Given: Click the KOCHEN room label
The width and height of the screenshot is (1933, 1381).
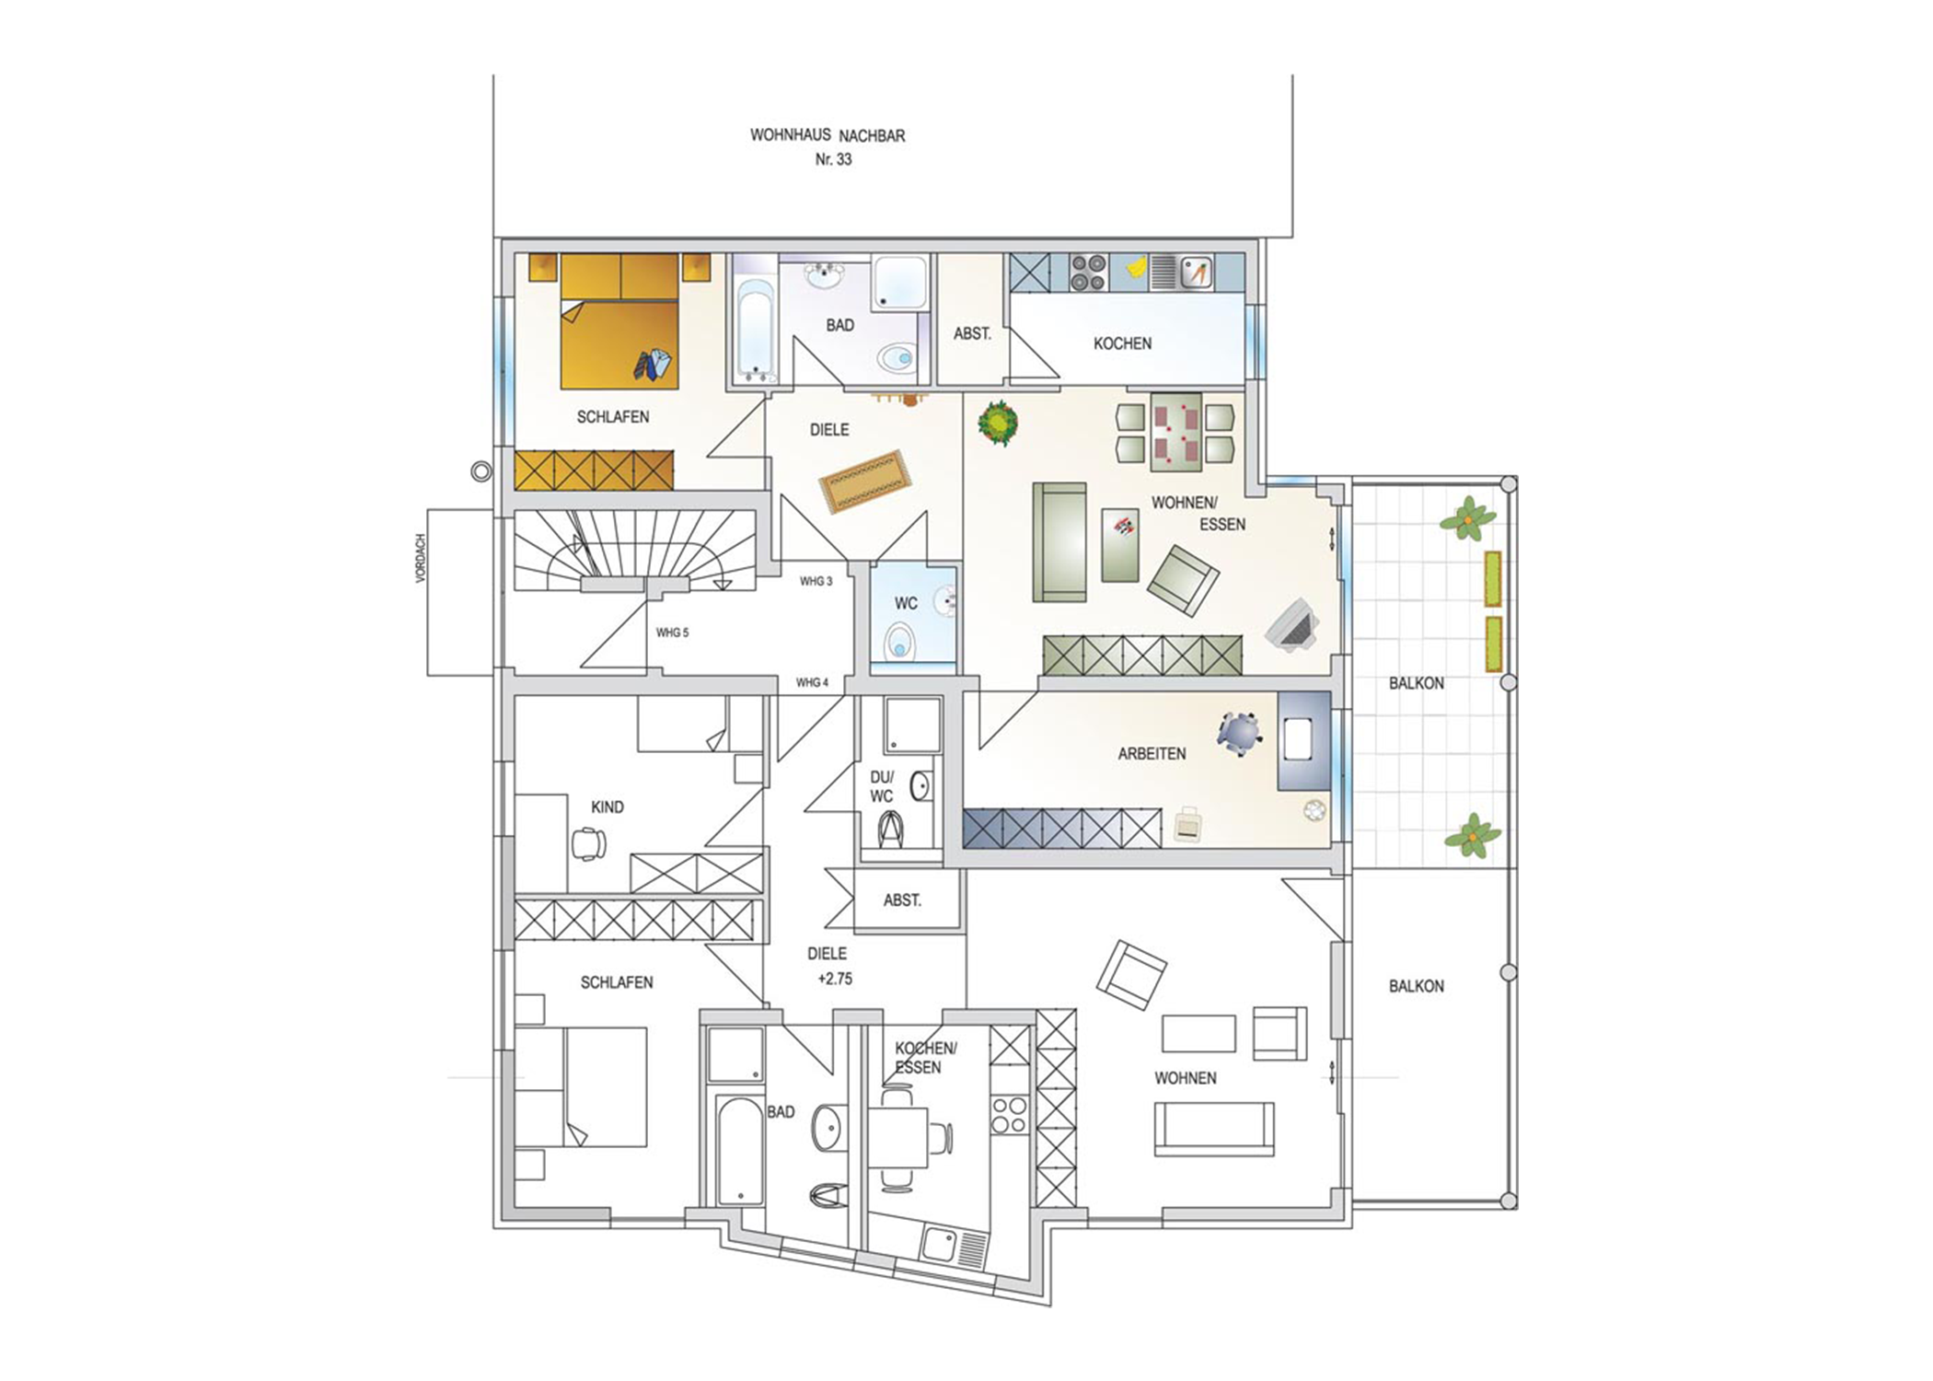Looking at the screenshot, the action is (x=1122, y=343).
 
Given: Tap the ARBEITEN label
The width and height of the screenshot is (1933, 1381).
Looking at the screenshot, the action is (x=1152, y=754).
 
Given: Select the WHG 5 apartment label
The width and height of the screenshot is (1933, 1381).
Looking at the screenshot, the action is (x=672, y=633).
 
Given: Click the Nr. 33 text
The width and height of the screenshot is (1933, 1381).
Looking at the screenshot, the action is (x=834, y=159).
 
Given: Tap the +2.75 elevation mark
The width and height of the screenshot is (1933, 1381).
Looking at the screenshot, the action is (x=835, y=979).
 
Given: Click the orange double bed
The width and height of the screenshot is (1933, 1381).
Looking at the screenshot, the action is (x=619, y=321).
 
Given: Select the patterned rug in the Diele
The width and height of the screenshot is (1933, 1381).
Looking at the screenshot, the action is (x=865, y=481).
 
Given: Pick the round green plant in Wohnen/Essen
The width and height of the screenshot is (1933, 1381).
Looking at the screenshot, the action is (x=998, y=424).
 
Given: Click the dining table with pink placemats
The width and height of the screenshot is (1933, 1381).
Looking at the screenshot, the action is (x=1175, y=428).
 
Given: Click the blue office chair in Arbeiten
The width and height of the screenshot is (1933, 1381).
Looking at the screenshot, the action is (x=1239, y=734).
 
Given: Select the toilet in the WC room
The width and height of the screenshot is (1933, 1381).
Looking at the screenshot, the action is (x=899, y=643).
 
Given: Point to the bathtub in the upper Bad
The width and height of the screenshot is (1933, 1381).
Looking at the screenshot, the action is (x=757, y=330).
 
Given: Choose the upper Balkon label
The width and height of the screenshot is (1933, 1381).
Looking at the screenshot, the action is (x=1416, y=683).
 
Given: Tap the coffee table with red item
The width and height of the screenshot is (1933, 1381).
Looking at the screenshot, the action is (x=1120, y=545).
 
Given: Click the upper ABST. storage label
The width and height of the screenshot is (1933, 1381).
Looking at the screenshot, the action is (x=972, y=334).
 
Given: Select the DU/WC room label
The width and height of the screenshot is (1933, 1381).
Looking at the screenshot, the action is (x=882, y=786).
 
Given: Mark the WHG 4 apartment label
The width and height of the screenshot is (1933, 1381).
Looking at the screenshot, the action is (x=812, y=683).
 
